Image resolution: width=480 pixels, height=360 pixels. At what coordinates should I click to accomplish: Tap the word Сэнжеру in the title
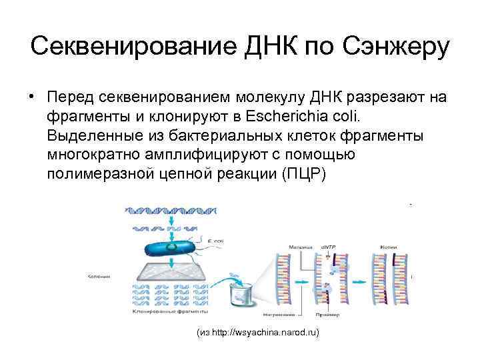tap(396, 47)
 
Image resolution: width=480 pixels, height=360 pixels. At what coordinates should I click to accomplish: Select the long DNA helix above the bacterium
tap(172, 209)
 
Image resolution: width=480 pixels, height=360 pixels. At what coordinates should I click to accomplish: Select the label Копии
tap(398, 246)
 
